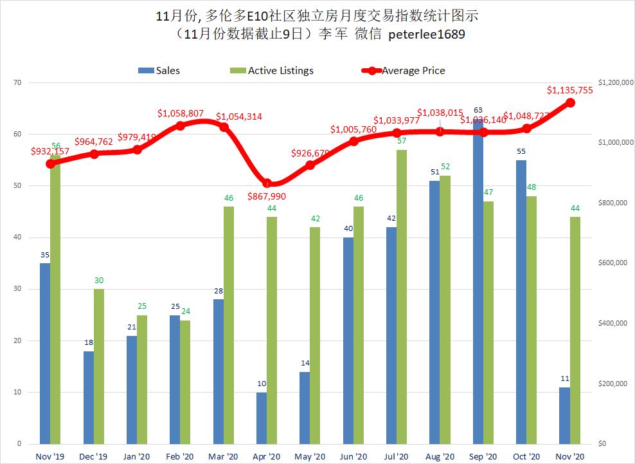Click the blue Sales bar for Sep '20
[478, 283]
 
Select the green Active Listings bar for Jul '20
[402, 296]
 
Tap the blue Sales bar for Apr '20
[262, 418]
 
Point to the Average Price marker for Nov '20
[570, 102]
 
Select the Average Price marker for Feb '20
[181, 125]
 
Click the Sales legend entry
[159, 71]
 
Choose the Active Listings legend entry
[273, 71]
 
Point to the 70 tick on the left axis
[17, 82]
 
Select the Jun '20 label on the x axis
[353, 456]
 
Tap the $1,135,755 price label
[569, 90]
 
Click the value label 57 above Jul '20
[402, 140]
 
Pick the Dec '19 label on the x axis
[93, 456]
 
